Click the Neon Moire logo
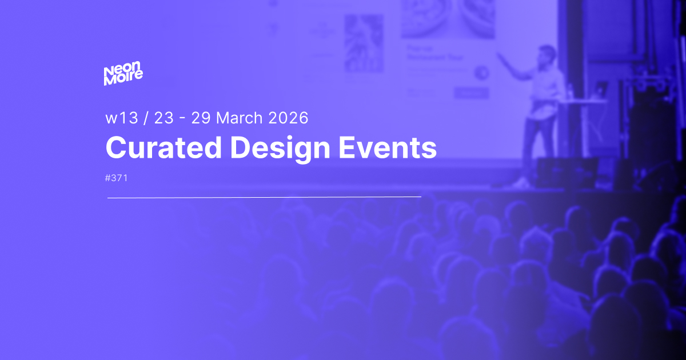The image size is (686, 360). tap(123, 75)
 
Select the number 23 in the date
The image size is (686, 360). tap(163, 118)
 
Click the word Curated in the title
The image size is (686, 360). tap(163, 148)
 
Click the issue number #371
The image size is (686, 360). tap(117, 178)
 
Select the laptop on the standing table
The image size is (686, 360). tap(601, 89)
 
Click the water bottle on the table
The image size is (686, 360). tap(569, 91)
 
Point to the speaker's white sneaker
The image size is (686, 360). tap(521, 182)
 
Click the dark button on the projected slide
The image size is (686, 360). tap(471, 92)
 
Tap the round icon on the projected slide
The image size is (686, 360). tap(481, 72)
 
